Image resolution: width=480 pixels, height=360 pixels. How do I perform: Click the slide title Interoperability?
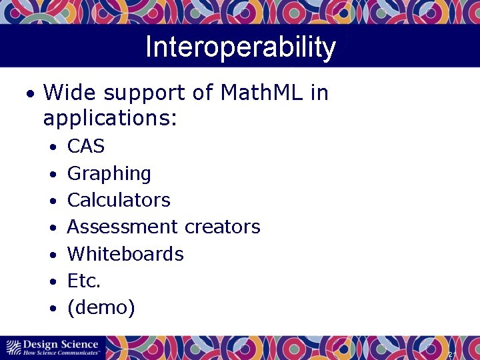click(x=240, y=48)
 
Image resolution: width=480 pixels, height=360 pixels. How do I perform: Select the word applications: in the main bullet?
click(x=110, y=119)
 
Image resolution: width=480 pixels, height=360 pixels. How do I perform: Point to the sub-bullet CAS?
click(x=86, y=146)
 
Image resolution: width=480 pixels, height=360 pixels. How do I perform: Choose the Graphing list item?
click(x=109, y=173)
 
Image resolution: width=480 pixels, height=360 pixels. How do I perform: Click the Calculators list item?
click(x=119, y=200)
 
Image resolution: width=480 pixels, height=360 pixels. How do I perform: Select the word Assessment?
click(x=123, y=227)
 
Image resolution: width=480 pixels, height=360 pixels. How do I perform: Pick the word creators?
click(x=222, y=227)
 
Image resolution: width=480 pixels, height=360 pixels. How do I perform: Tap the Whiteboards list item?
click(x=125, y=254)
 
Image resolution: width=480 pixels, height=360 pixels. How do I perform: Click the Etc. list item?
click(x=84, y=281)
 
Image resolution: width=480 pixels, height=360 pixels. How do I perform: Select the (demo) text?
click(x=101, y=308)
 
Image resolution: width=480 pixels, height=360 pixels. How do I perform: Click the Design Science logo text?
click(x=60, y=344)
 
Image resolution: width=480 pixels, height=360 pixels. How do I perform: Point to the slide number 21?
click(x=451, y=354)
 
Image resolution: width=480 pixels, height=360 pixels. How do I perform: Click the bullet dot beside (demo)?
click(x=53, y=309)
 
